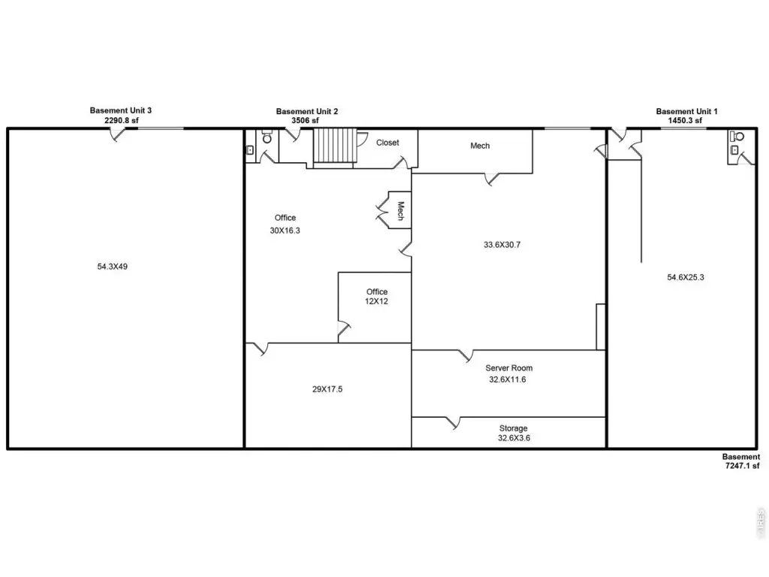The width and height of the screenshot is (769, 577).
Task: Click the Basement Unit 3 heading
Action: pos(121,110)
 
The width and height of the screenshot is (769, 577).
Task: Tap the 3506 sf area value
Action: pos(305,120)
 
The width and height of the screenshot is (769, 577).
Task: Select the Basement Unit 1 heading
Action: pos(686,111)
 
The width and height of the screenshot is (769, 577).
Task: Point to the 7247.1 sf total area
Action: pos(742,466)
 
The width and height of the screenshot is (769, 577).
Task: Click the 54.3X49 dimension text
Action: pos(113,267)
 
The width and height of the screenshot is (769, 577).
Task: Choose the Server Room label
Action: pos(508,368)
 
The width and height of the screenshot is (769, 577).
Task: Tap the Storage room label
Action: pos(514,428)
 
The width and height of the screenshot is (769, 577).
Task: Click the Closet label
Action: pos(388,143)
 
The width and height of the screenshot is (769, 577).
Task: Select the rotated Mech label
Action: pos(401,211)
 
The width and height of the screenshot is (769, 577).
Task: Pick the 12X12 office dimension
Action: pos(376,301)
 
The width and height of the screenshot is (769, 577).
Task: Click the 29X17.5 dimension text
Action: pos(327,389)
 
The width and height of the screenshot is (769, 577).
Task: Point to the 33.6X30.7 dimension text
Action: pos(502,244)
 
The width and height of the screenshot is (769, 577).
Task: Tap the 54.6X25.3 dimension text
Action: pos(685,277)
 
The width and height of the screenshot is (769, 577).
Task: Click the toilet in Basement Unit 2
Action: pos(267,138)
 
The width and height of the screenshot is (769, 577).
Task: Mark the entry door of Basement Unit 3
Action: pos(117,134)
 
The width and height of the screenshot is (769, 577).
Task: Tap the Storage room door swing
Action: pos(453,423)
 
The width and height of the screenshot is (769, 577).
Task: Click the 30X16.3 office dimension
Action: pos(285,230)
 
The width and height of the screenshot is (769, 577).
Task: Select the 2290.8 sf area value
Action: pos(121,119)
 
